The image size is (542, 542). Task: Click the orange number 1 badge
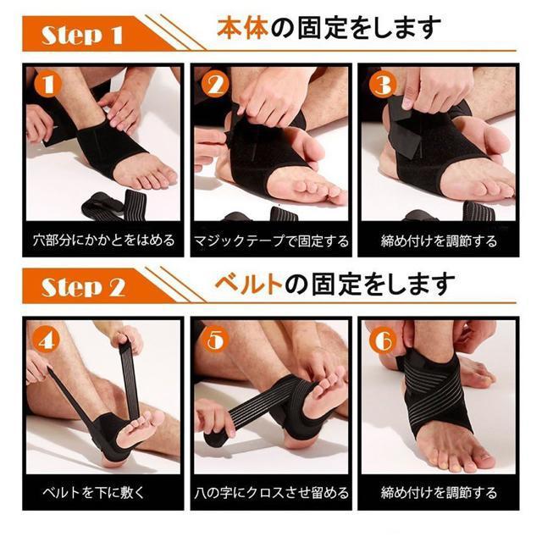[48, 84]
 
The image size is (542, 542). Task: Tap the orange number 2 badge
[215, 84]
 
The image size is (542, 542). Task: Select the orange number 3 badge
[382, 84]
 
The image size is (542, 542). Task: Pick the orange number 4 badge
[47, 340]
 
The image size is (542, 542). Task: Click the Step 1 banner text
[82, 35]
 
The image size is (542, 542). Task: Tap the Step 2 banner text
[83, 287]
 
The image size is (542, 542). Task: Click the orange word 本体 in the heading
[243, 28]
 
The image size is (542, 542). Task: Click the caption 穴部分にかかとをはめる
[103, 240]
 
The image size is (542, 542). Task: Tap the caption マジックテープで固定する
[271, 241]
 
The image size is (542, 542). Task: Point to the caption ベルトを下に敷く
[92, 492]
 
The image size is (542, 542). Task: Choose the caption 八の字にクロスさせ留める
[271, 492]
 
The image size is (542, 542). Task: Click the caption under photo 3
[439, 241]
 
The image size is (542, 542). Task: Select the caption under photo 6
[439, 492]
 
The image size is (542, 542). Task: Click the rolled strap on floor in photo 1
[114, 205]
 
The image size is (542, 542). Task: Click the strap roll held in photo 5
[217, 439]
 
